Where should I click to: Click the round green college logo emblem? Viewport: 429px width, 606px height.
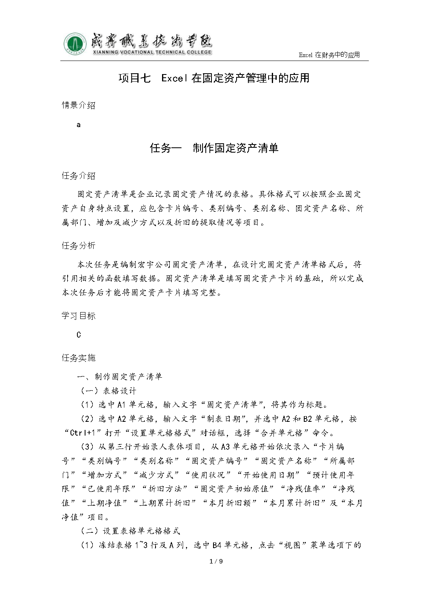click(x=75, y=44)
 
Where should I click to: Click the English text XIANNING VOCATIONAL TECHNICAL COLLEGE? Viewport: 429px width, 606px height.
click(x=152, y=52)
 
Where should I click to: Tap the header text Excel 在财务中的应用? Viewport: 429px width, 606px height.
click(x=329, y=55)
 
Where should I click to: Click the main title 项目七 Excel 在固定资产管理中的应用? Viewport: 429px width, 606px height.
click(x=214, y=78)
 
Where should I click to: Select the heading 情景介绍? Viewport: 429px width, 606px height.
click(x=79, y=105)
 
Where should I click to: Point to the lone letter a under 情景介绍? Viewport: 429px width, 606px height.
click(x=79, y=125)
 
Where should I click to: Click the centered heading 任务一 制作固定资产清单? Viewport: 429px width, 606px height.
click(x=214, y=148)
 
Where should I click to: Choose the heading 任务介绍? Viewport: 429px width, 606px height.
click(x=79, y=176)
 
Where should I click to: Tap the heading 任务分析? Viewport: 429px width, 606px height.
click(x=79, y=246)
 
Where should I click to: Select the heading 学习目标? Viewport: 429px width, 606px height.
click(x=79, y=316)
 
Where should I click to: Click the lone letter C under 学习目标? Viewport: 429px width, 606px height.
click(x=79, y=335)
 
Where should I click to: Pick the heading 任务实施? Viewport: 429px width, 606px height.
click(x=79, y=358)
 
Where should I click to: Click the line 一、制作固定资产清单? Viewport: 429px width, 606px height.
click(x=120, y=377)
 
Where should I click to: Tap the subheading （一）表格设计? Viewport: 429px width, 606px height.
click(x=108, y=391)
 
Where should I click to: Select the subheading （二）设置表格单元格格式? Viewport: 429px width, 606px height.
click(x=130, y=531)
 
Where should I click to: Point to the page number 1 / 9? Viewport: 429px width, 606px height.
click(x=216, y=561)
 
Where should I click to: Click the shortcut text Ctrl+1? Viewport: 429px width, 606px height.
click(x=83, y=433)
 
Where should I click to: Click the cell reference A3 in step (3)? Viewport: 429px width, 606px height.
click(x=226, y=447)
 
